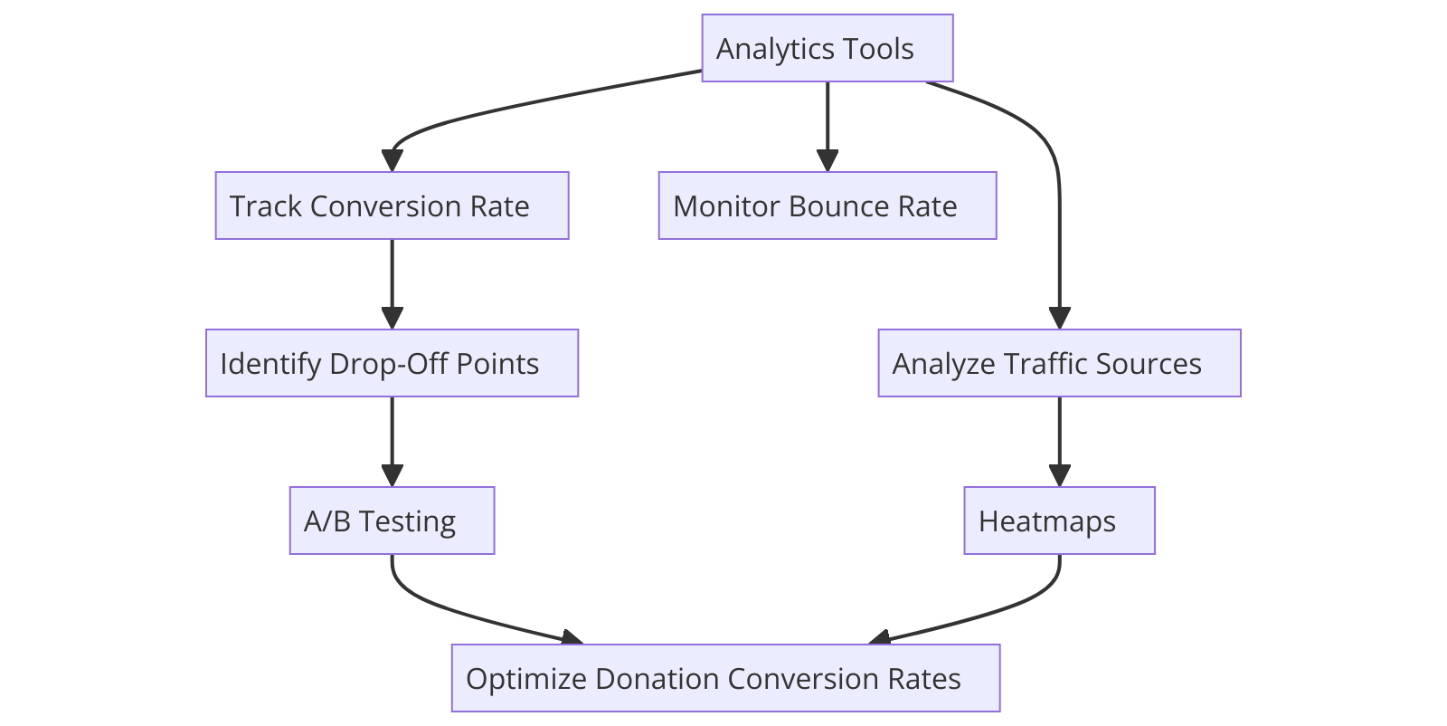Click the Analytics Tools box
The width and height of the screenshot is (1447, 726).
[827, 48]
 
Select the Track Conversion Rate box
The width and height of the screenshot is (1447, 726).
[392, 205]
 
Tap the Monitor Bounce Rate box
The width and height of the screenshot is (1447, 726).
[827, 205]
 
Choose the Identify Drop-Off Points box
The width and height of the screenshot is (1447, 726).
[392, 363]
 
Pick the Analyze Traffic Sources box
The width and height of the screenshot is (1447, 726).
[1059, 363]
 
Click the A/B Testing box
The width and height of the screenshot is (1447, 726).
[392, 521]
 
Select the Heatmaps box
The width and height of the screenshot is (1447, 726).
[1059, 521]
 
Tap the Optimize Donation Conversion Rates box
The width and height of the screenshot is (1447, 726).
[725, 678]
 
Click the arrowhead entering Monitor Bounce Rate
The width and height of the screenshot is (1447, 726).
[827, 161]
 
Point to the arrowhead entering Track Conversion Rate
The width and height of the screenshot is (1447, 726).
[392, 161]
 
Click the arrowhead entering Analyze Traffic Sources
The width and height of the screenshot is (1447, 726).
[1059, 319]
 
